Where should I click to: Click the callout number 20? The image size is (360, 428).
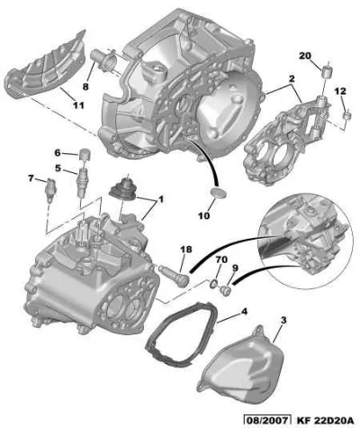[305, 56]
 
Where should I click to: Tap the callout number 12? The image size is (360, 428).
[340, 91]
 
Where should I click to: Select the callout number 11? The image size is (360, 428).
[77, 105]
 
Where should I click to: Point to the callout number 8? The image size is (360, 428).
[85, 87]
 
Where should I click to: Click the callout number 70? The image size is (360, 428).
[221, 260]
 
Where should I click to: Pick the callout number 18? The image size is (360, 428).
[186, 250]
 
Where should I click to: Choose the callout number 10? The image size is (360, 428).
[204, 215]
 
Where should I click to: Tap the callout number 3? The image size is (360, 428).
[283, 320]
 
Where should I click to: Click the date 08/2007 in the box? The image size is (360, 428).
[267, 420]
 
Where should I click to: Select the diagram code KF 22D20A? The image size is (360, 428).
[326, 420]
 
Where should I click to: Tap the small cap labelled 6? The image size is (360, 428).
[85, 154]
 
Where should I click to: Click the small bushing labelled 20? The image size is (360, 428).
[327, 70]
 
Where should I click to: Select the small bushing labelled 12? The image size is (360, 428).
[346, 115]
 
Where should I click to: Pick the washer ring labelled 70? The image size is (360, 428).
[213, 283]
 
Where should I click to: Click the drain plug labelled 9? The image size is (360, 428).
[225, 289]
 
